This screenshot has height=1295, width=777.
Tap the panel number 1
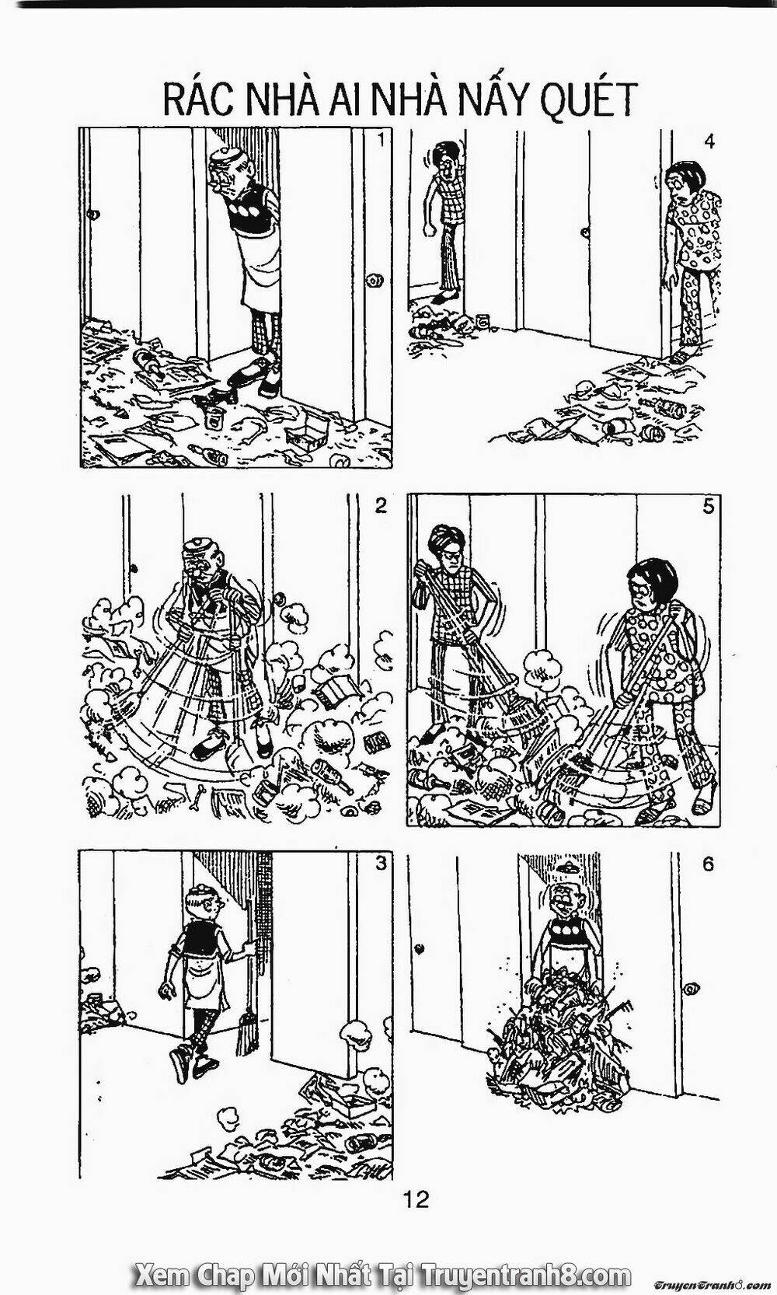click(379, 141)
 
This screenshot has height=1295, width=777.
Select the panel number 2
click(380, 506)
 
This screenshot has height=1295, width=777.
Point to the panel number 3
click(380, 864)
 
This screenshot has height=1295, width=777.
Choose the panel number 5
click(708, 507)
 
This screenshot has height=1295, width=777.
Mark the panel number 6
click(707, 864)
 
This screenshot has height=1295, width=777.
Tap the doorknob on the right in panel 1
click(377, 279)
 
